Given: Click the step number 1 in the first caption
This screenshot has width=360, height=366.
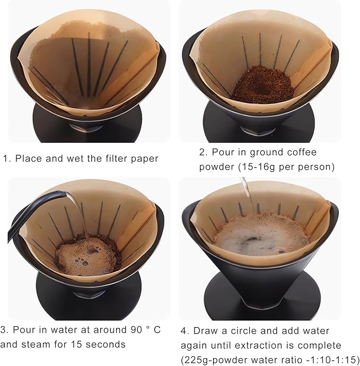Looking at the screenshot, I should pos(6,158).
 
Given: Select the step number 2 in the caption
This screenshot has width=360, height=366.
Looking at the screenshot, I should pos(203,153).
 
